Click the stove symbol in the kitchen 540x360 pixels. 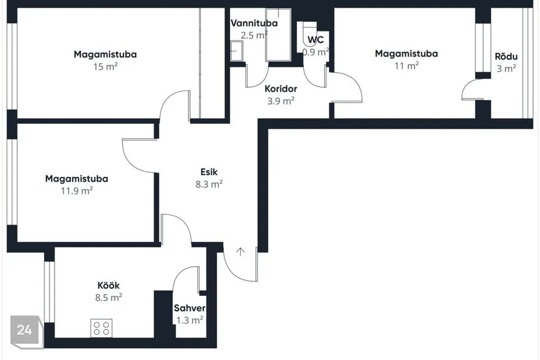point(102,328)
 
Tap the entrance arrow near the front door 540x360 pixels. point(240,252)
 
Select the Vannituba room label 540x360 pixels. point(254,24)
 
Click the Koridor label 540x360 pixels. point(281,89)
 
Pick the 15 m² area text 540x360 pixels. point(105,66)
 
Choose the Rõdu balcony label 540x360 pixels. point(506,56)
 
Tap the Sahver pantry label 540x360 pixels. point(190,308)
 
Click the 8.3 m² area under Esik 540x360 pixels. point(209,184)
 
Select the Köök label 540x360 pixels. point(109,285)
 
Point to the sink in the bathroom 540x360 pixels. point(237,51)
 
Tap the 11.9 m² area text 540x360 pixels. point(77,191)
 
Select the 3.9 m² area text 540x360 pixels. point(281,101)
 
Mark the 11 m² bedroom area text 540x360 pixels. point(406,65)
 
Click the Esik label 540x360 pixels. point(209,172)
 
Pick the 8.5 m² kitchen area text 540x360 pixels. point(109,298)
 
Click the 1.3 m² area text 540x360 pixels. point(190,320)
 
